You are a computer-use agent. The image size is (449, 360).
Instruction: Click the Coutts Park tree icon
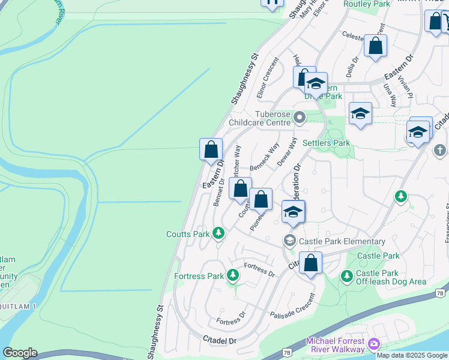[x=219, y=232]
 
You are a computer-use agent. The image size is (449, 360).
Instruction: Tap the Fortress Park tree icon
[x=233, y=276]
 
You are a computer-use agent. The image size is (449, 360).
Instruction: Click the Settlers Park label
[x=326, y=143]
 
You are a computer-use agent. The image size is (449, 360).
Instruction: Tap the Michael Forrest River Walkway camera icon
[x=374, y=344]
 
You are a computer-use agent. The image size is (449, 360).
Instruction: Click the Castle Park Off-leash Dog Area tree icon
[x=346, y=276]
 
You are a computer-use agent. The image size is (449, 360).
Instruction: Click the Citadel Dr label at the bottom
[x=220, y=340]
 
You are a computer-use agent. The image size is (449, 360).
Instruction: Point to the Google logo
[x=20, y=353]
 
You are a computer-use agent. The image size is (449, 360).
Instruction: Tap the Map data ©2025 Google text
[x=412, y=355]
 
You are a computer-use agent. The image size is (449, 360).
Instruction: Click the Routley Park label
[x=367, y=4]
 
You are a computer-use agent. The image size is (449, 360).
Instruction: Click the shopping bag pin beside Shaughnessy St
[x=211, y=150]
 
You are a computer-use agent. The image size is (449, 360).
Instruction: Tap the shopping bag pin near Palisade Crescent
[x=311, y=263]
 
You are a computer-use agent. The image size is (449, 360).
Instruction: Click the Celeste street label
[x=353, y=35]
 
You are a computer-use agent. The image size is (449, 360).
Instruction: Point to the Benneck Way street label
[x=264, y=157]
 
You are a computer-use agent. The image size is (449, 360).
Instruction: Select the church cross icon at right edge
[x=440, y=150]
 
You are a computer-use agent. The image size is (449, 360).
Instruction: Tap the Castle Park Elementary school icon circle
[x=289, y=241]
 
